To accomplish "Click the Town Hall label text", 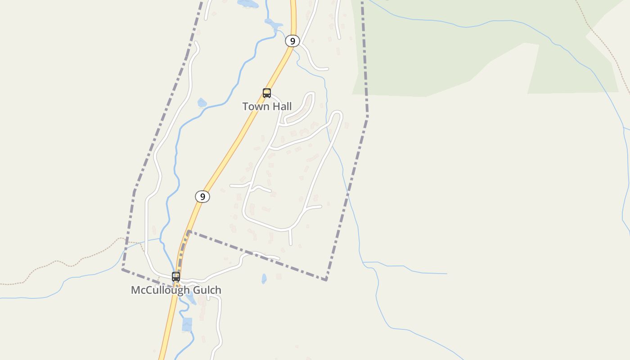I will (267, 107).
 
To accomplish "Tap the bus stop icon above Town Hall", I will (267, 93).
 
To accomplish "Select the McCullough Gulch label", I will (176, 290).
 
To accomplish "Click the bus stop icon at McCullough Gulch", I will (176, 277).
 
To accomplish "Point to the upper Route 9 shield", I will (292, 41).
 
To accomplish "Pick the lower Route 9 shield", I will (202, 197).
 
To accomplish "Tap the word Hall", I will (280, 107).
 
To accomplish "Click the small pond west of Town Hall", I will (202, 103).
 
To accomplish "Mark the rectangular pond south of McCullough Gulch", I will (187, 324).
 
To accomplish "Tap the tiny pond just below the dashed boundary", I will (264, 279).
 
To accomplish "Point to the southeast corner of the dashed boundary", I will (326, 280).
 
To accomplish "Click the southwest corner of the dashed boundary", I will (122, 270).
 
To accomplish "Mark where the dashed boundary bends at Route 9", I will (189, 232).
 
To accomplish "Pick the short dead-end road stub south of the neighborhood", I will (290, 238).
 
